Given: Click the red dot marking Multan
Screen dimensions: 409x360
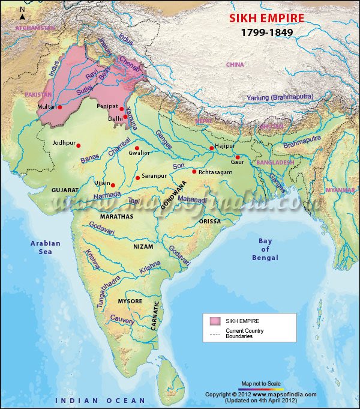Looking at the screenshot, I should (60, 107).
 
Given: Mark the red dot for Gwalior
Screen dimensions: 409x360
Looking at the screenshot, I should (137, 148).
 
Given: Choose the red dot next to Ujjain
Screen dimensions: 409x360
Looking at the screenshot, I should (113, 185).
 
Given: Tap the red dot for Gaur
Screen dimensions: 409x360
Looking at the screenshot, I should (238, 157).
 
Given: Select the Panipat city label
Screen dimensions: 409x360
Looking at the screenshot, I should (107, 106).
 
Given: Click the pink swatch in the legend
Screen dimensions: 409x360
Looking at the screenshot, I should (214, 321).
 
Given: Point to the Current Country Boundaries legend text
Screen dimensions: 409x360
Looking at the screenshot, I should (244, 333).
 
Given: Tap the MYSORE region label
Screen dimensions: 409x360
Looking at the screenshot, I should (130, 300).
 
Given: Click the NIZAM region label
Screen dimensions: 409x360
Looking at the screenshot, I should (143, 246).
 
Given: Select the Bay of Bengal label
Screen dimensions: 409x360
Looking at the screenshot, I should (265, 249).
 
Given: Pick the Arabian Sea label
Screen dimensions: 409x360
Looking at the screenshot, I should (46, 247).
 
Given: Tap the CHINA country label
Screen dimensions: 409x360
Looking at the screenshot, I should (235, 64).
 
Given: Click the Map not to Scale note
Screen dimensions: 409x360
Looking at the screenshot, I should (261, 383).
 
